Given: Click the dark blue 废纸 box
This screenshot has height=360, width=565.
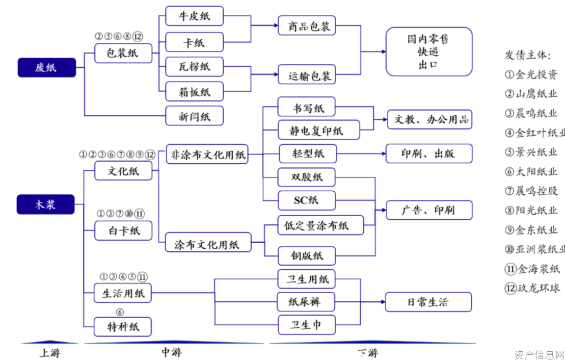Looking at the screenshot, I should pos(46,67).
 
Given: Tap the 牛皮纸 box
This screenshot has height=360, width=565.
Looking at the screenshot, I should pos(194,16).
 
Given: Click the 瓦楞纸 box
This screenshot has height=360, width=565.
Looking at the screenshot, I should pos(194,67).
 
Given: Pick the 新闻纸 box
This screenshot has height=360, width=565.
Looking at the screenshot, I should pos(194,116).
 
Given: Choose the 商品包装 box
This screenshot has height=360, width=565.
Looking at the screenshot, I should pos(307,26).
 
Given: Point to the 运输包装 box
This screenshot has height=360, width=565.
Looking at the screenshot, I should pos(307,76).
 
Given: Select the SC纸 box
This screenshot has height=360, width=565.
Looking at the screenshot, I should pos(306,200).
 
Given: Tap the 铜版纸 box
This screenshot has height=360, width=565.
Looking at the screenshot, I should pos(307,255).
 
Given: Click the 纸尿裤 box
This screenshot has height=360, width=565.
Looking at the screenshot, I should pos(306,302).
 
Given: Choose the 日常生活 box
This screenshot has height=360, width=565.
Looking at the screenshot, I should pos(428,302).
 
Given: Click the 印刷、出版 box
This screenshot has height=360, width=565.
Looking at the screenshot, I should pos(428,153).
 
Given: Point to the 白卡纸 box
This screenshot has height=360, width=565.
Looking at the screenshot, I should pos(123,230).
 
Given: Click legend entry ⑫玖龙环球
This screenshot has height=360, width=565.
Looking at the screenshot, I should pos(532,288).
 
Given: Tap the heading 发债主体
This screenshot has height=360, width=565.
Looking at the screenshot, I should pos(527,55).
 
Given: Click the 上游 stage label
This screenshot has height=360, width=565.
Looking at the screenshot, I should pos(49,352).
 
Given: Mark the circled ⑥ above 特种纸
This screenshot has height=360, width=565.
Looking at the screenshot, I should pos(120,313).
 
